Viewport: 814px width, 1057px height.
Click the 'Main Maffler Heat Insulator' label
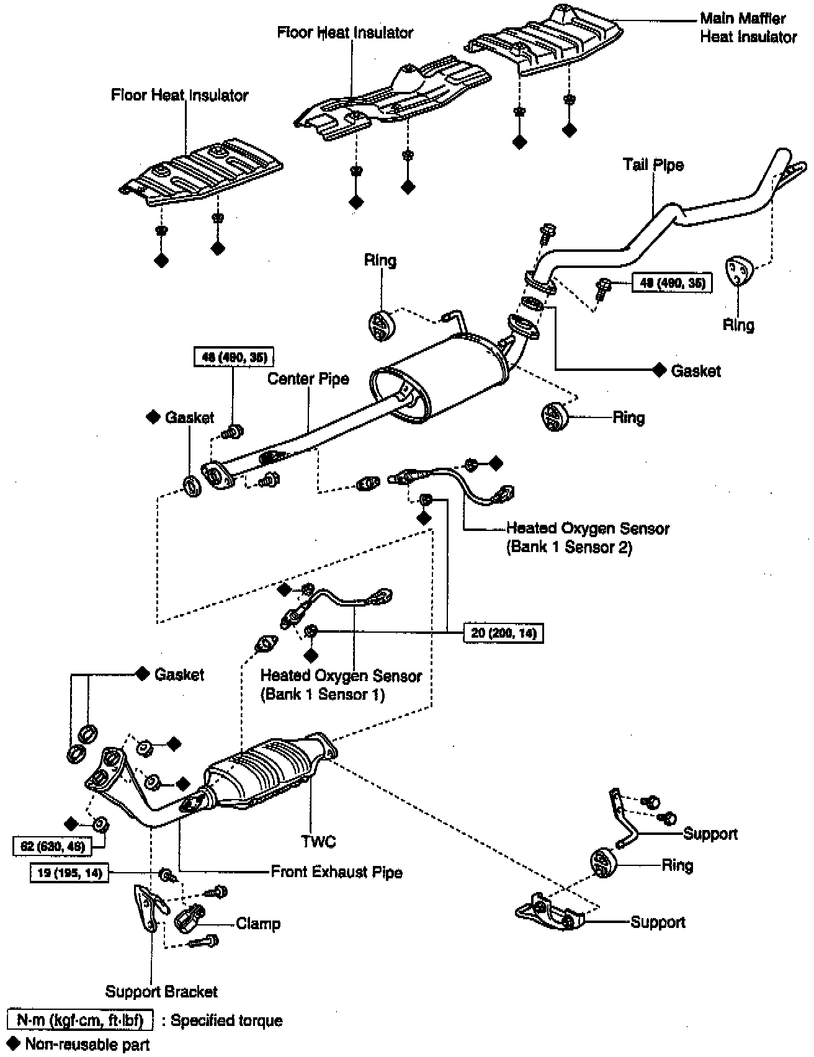pyautogui.click(x=748, y=28)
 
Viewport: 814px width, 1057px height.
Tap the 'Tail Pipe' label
pyautogui.click(x=653, y=165)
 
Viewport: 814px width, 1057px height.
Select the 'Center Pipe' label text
pyautogui.click(x=308, y=379)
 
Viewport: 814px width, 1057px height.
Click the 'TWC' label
pyautogui.click(x=318, y=841)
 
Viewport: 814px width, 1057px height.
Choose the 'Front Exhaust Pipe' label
pyautogui.click(x=336, y=872)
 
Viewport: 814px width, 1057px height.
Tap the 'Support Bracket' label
pyautogui.click(x=161, y=991)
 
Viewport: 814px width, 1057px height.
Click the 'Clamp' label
pyautogui.click(x=258, y=924)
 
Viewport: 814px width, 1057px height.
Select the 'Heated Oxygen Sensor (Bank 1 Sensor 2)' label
pyautogui.click(x=587, y=538)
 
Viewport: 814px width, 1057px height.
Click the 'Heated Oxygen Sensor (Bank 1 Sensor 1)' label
pyautogui.click(x=341, y=685)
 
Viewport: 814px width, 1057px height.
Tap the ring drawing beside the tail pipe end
pyautogui.click(x=738, y=271)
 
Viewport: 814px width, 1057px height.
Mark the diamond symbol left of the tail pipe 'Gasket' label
pyautogui.click(x=659, y=370)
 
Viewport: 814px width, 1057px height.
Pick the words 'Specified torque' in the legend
pyautogui.click(x=226, y=1020)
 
